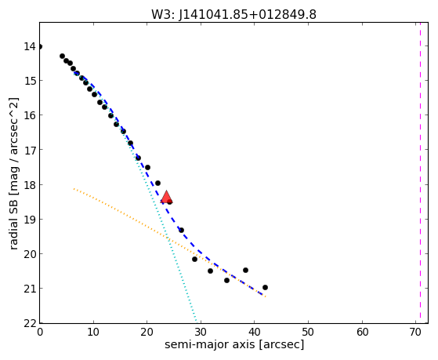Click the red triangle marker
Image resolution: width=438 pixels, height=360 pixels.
coord(166,197)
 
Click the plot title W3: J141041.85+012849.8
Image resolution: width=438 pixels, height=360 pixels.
coord(233,15)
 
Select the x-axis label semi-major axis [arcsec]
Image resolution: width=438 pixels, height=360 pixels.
coord(234,344)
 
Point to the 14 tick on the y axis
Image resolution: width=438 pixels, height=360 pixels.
coord(30,46)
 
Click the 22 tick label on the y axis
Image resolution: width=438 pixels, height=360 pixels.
coord(30,323)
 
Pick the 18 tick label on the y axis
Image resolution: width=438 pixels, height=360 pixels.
coord(30,185)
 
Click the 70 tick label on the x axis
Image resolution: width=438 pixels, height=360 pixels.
coord(415,332)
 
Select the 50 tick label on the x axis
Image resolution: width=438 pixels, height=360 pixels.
coord(308,332)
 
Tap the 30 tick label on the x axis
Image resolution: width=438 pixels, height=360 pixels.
coord(201,332)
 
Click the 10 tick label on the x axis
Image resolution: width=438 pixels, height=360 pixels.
coord(93,332)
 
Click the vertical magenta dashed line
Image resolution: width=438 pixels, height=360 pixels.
coord(420,173)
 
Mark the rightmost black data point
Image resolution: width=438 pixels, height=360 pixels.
coord(265,287)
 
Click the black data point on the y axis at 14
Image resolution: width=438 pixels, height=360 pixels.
coord(40,46)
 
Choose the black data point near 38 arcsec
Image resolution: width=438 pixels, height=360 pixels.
coord(245,270)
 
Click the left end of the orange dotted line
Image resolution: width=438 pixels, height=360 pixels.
coord(74,189)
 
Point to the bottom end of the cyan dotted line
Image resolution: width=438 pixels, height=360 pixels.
coord(197,321)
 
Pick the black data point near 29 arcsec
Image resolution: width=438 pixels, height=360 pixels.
coord(194,260)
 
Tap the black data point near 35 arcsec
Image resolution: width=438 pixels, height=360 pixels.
coord(226,280)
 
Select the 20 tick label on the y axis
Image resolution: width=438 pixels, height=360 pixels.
coord(30,254)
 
